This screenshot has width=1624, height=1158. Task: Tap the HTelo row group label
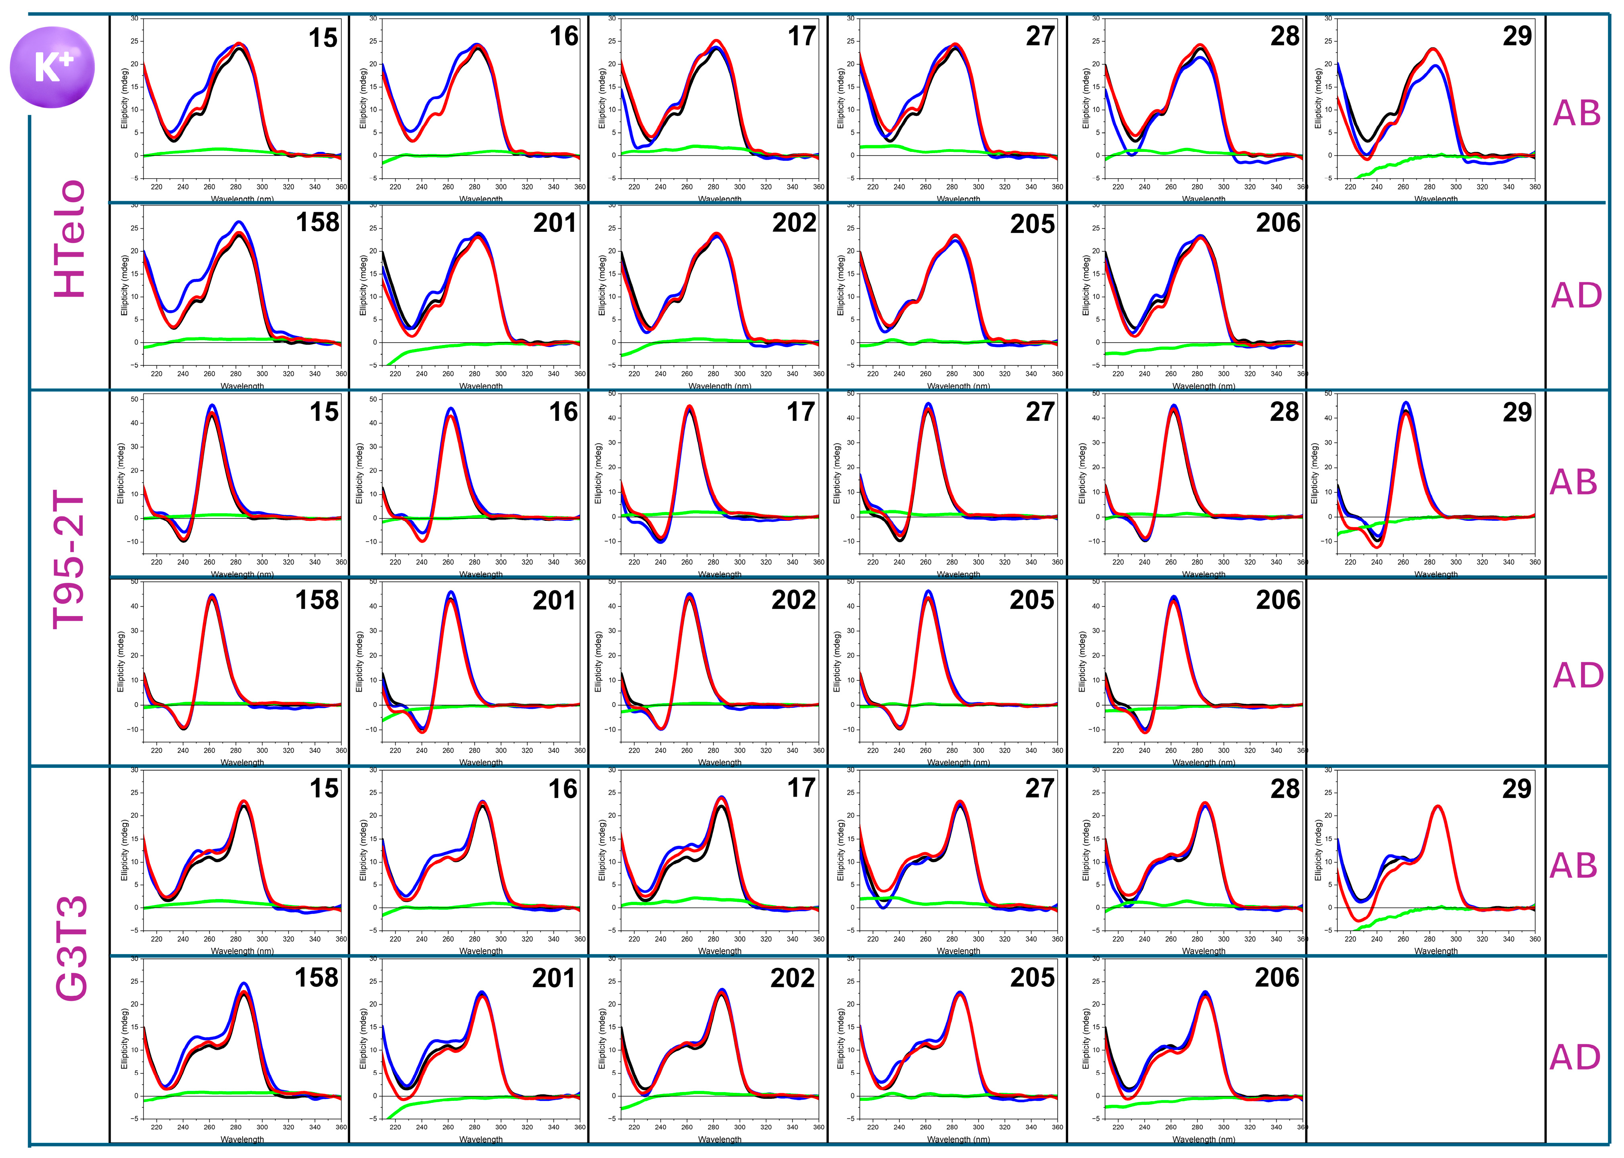point(71,239)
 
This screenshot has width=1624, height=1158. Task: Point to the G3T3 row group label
point(71,949)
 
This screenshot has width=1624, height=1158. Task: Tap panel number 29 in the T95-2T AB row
point(1517,412)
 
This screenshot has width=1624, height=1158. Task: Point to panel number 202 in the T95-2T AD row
point(794,600)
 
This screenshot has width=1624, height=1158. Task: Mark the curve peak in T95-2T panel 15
point(212,407)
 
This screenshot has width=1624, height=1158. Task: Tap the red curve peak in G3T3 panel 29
point(1437,807)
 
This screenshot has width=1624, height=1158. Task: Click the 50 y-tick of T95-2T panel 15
point(135,399)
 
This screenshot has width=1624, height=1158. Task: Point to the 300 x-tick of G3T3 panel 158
point(263,1127)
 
